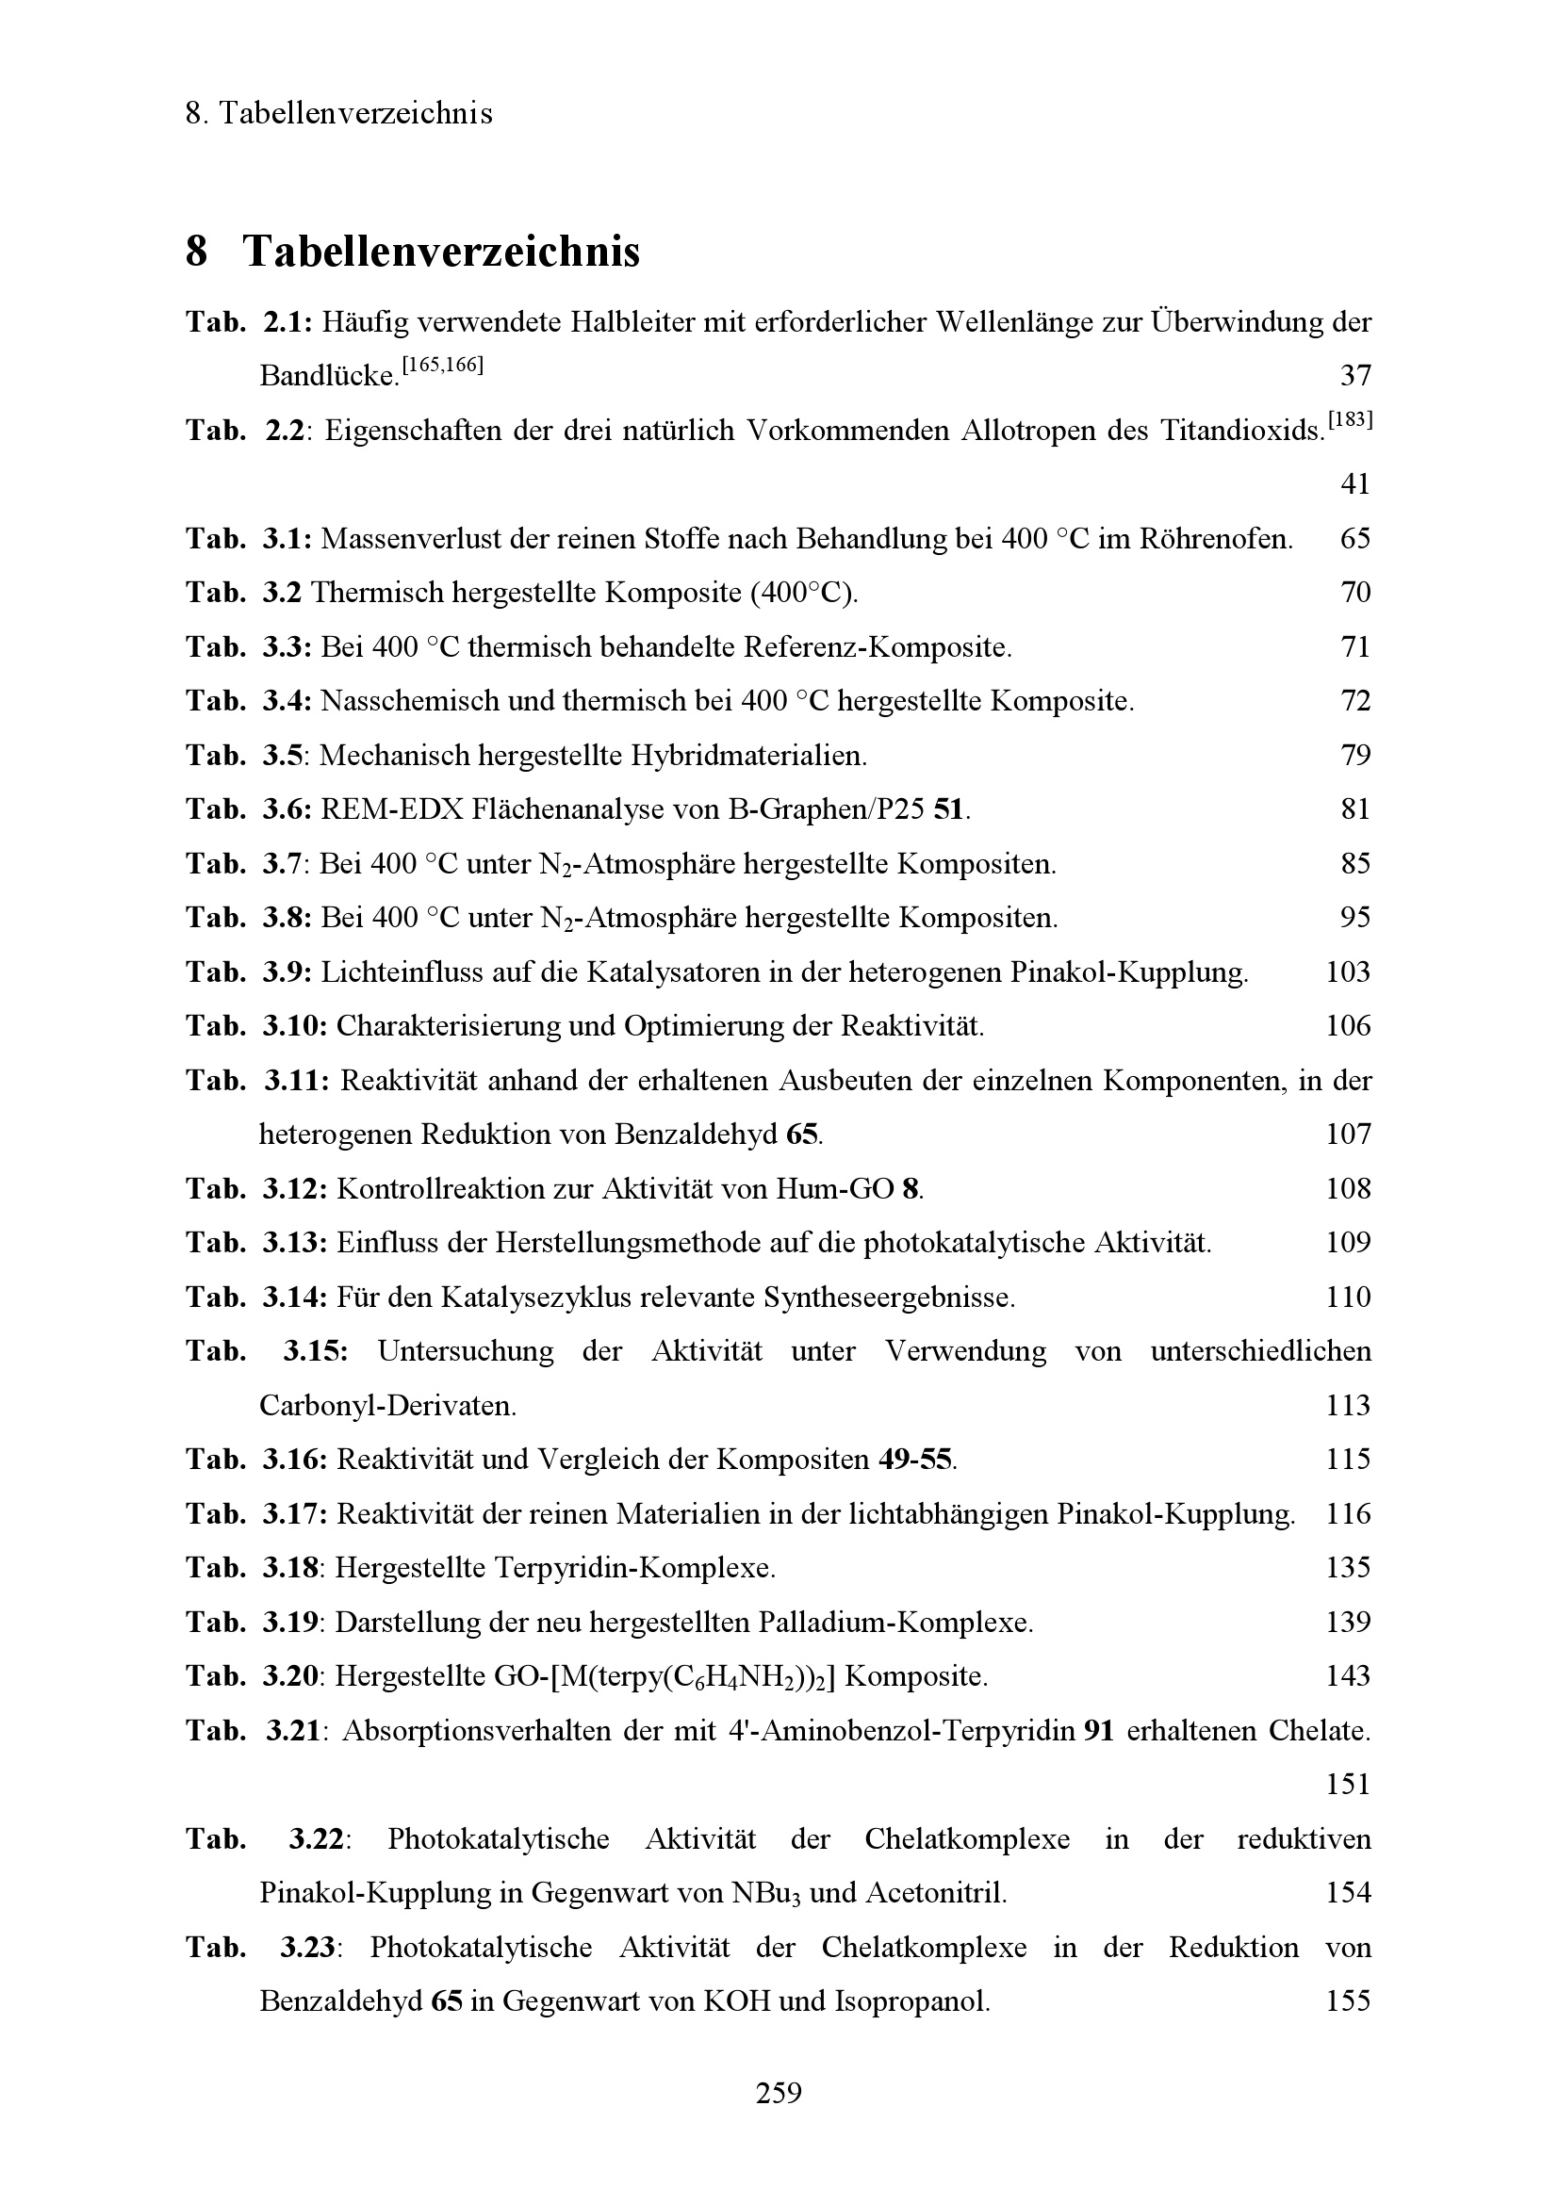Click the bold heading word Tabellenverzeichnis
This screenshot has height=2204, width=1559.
click(440, 253)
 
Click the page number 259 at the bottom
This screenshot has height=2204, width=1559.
click(779, 2092)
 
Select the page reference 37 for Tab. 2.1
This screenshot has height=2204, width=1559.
click(1354, 375)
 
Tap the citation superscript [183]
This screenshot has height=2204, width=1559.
click(1349, 420)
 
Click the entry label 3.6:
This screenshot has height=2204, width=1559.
click(287, 809)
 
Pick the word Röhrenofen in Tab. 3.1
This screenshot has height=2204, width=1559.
click(1214, 539)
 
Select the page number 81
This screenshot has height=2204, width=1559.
click(1354, 809)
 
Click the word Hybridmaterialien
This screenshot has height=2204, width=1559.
click(747, 756)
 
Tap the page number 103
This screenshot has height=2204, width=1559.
click(1348, 972)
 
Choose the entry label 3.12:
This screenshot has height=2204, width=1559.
click(295, 1189)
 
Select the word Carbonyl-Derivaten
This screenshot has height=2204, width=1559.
click(387, 1406)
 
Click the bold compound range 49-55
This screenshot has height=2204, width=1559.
click(915, 1460)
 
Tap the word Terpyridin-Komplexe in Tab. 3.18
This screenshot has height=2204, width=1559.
click(633, 1569)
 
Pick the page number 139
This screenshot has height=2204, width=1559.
click(1348, 1623)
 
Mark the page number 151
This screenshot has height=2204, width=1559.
click(1348, 1785)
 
